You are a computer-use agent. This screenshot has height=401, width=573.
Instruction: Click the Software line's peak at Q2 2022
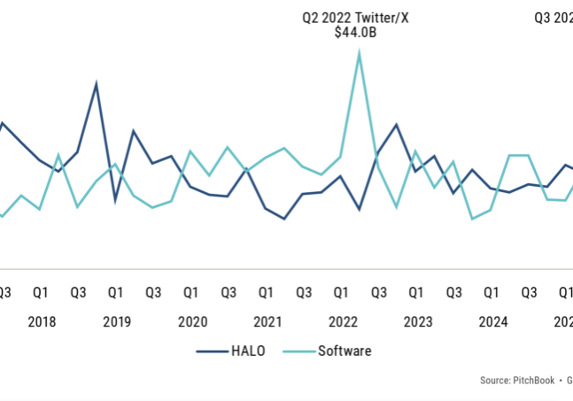pyautogui.click(x=359, y=52)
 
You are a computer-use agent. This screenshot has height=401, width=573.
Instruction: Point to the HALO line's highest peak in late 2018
pyautogui.click(x=97, y=84)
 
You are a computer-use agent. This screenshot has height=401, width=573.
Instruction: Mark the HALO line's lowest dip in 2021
pyautogui.click(x=284, y=219)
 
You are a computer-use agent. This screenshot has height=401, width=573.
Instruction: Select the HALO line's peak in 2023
pyautogui.click(x=396, y=125)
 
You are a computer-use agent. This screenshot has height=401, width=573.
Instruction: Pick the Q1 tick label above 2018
pyautogui.click(x=41, y=292)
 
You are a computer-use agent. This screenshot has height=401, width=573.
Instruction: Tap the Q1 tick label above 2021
pyautogui.click(x=266, y=292)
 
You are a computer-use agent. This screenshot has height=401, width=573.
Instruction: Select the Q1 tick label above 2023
pyautogui.click(x=415, y=292)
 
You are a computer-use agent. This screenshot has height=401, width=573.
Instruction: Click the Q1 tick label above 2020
pyautogui.click(x=190, y=292)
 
